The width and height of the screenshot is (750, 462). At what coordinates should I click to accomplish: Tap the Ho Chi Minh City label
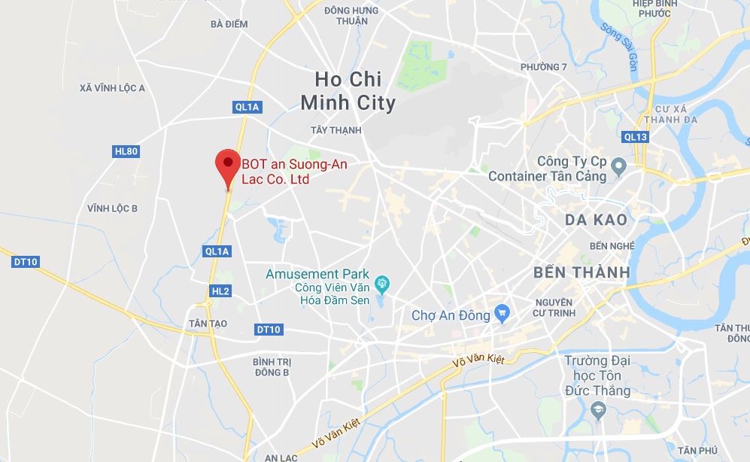pyautogui.click(x=348, y=90)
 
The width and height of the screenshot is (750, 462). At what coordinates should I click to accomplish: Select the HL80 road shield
pyautogui.click(x=126, y=151)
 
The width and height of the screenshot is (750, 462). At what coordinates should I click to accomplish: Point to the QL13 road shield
pyautogui.click(x=635, y=137)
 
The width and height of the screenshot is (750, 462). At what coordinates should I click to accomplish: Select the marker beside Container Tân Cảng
pyautogui.click(x=618, y=165)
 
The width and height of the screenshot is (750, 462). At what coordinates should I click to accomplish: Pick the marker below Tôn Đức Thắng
pyautogui.click(x=599, y=410)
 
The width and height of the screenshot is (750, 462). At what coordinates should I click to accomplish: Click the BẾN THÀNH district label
pyautogui.click(x=581, y=272)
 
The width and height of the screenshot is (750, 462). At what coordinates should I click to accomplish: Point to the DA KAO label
pyautogui.click(x=596, y=220)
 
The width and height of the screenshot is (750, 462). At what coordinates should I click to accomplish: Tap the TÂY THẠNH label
pyautogui.click(x=336, y=130)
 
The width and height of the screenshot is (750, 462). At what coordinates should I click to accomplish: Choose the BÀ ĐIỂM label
pyautogui.click(x=229, y=24)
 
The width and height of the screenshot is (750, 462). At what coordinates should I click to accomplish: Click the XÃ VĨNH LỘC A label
pyautogui.click(x=112, y=88)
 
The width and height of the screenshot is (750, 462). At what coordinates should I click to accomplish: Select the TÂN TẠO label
pyautogui.click(x=208, y=324)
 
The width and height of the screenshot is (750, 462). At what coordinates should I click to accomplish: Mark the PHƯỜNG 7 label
pyautogui.click(x=544, y=67)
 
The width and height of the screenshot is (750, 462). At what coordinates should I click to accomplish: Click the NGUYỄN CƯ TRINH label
pyautogui.click(x=554, y=307)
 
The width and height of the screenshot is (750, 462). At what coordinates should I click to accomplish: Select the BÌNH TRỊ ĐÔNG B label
pyautogui.click(x=272, y=366)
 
